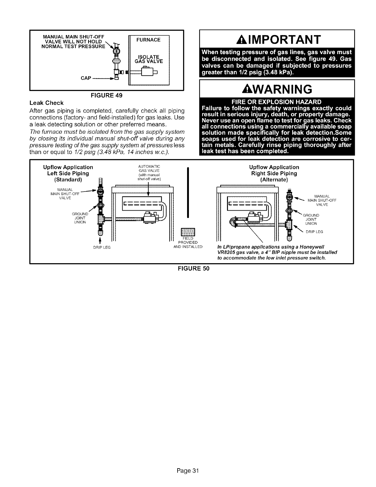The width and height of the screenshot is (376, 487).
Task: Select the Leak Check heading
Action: pyautogui.click(x=46, y=103)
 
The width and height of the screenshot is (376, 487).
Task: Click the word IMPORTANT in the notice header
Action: pyautogui.click(x=282, y=39)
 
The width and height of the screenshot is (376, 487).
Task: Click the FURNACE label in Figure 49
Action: pyautogui.click(x=149, y=40)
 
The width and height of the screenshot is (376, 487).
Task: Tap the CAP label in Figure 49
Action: pyautogui.click(x=86, y=78)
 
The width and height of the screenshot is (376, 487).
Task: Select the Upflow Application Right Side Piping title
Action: pyautogui.click(x=274, y=173)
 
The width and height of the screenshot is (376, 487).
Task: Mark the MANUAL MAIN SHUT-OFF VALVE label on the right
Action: pyautogui.click(x=322, y=200)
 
